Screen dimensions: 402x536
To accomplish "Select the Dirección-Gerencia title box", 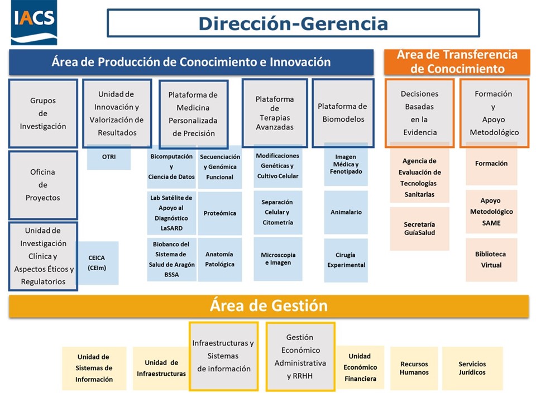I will (x=293, y=23).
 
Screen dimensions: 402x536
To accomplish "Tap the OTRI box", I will (x=109, y=157).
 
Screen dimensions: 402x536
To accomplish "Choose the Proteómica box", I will (x=220, y=213).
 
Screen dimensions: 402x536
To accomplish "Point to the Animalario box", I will (x=346, y=212).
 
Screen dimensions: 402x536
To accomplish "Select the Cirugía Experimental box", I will (x=346, y=260).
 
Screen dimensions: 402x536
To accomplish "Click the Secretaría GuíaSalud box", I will (x=419, y=228).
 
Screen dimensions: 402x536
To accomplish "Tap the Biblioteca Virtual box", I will (x=491, y=260).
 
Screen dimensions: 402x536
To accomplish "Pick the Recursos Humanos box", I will (x=414, y=368).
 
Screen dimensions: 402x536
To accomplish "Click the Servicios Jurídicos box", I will (x=472, y=368).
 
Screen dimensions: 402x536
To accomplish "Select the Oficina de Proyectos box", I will (x=43, y=185).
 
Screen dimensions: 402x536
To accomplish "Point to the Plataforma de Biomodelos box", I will (x=342, y=113).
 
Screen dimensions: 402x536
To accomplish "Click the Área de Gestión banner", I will (x=269, y=306).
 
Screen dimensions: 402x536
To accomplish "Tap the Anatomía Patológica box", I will (x=220, y=260).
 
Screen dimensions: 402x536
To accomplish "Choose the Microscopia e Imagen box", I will (x=278, y=259).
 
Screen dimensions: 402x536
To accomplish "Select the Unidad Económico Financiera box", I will (x=360, y=367).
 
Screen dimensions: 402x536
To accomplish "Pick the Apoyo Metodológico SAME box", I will (x=491, y=212).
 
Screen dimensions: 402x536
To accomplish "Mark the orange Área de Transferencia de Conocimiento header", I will (x=457, y=62).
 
